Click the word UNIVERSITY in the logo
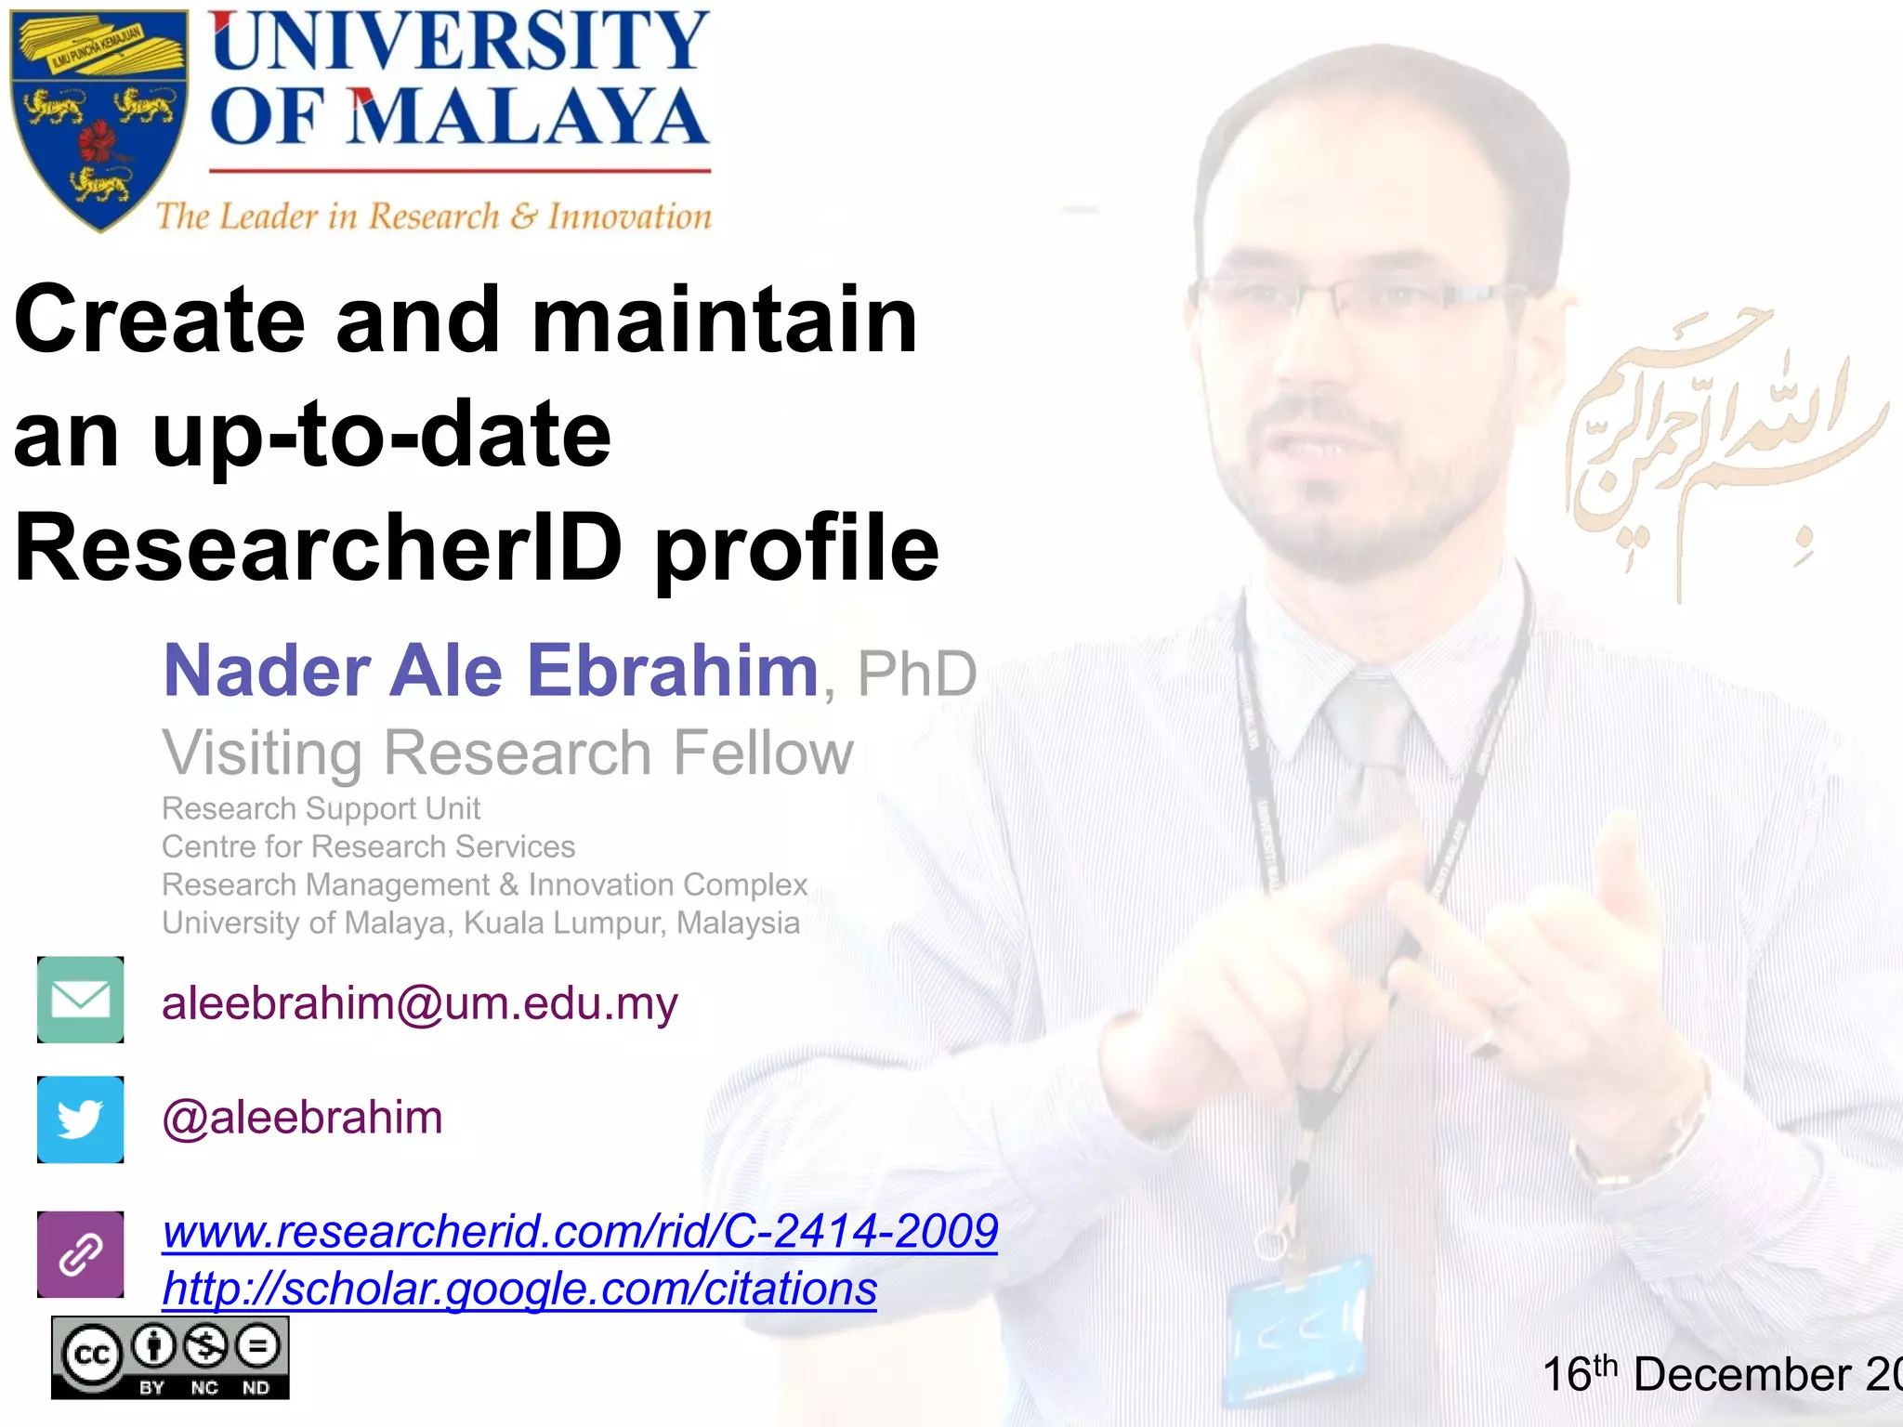point(459,41)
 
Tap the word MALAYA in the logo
point(527,118)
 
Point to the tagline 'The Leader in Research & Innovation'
point(433,216)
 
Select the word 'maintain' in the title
point(724,320)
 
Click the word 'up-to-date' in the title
point(382,434)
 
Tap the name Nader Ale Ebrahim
point(490,671)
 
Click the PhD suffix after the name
point(916,674)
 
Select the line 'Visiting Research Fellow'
point(507,753)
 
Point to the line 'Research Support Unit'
point(321,808)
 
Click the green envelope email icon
point(81,1000)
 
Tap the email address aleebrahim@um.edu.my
point(420,1004)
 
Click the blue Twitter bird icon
point(81,1119)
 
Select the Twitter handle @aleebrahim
point(302,1118)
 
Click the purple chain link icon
point(81,1254)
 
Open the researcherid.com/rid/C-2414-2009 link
point(580,1232)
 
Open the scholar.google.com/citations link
point(519,1290)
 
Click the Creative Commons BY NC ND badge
point(170,1357)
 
